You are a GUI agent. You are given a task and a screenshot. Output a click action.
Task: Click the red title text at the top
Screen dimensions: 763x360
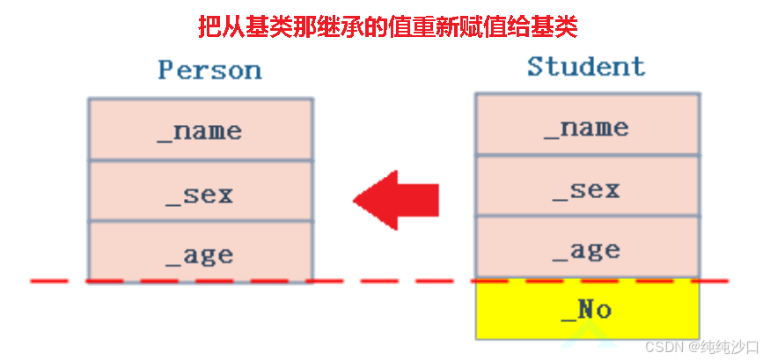(x=387, y=26)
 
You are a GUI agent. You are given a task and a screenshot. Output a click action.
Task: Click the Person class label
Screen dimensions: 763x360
(x=209, y=70)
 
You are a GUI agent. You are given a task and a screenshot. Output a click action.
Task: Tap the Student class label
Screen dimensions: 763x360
(x=585, y=66)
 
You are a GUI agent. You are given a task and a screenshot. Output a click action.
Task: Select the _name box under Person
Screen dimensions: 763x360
(x=201, y=129)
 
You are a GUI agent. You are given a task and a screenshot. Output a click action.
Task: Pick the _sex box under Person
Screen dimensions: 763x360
(x=201, y=191)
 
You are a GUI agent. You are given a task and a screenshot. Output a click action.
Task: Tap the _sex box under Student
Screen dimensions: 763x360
(x=588, y=187)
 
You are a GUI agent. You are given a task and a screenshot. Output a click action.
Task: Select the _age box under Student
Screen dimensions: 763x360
(x=588, y=248)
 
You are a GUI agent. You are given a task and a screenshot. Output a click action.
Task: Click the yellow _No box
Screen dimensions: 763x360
(x=588, y=309)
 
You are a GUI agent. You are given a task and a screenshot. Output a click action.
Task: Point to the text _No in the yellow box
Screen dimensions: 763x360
(x=587, y=309)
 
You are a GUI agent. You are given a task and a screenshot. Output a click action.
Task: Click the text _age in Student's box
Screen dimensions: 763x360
(x=588, y=250)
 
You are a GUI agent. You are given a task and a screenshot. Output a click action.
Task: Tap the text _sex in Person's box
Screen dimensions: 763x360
(x=201, y=193)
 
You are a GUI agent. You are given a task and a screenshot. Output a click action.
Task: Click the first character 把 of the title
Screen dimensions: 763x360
(x=208, y=26)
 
